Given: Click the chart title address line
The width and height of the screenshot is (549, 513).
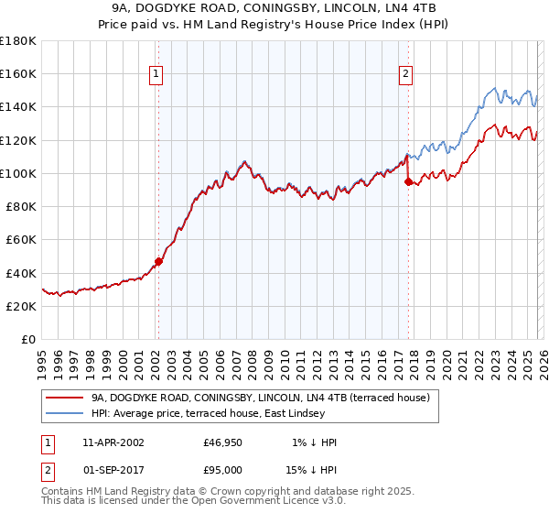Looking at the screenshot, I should (274, 8).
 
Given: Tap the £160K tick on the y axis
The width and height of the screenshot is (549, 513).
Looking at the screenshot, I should (18, 73).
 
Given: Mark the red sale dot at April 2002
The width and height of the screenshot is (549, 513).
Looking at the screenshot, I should (158, 261).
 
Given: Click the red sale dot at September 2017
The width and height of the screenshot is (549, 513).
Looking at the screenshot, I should (408, 181).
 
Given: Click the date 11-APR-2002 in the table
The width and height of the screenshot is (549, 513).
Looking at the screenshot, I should (113, 442).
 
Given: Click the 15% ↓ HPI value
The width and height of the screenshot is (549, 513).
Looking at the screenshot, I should (311, 469).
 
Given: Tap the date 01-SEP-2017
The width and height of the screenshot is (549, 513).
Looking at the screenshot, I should (113, 469).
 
